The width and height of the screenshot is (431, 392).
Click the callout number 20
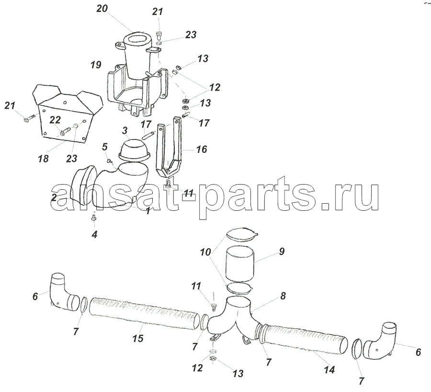(x=102, y=9)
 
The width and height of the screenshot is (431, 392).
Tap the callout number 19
(x=96, y=65)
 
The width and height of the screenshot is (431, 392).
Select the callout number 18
(x=44, y=159)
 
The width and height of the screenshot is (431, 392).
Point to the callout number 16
(x=202, y=150)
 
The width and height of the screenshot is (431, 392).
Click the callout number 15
(x=138, y=338)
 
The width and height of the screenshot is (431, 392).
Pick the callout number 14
(x=329, y=370)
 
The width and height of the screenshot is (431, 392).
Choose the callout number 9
(x=282, y=252)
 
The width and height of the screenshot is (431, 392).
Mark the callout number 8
(x=283, y=296)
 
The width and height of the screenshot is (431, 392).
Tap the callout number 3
(x=125, y=130)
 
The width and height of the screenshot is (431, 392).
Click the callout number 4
(x=94, y=235)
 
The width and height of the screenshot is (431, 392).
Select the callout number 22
(x=55, y=120)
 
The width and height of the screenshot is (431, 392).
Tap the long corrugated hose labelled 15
(x=144, y=313)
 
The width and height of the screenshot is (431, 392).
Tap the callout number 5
(x=105, y=147)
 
